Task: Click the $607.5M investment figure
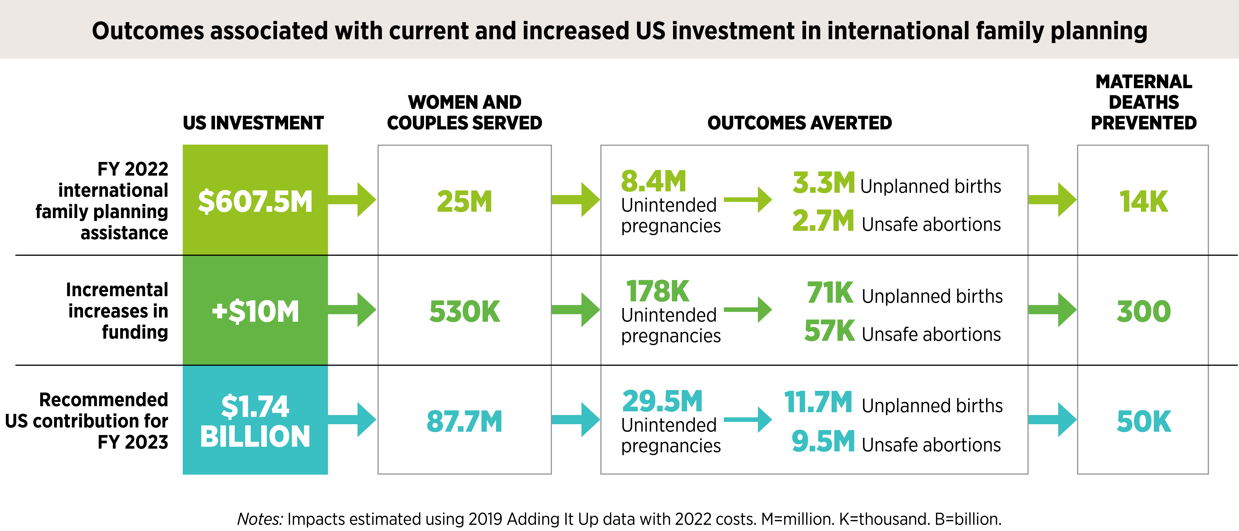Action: point(255,201)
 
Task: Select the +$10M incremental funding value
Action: point(255,311)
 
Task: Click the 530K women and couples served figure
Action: point(465,311)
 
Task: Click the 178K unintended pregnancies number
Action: point(657,291)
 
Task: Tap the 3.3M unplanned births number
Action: point(823,183)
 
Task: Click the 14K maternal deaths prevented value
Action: point(1143,201)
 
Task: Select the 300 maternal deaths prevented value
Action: point(1143,311)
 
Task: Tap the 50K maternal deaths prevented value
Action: point(1143,421)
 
